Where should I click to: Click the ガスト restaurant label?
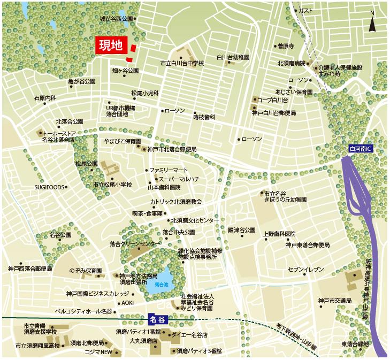point(305,11)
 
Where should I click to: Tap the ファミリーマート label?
point(168,170)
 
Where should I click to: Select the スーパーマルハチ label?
point(180,179)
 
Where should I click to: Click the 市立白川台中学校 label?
point(182,64)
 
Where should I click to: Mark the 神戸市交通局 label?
point(335,300)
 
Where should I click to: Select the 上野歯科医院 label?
point(279,234)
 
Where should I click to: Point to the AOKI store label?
point(127,302)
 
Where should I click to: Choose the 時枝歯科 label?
point(204,117)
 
